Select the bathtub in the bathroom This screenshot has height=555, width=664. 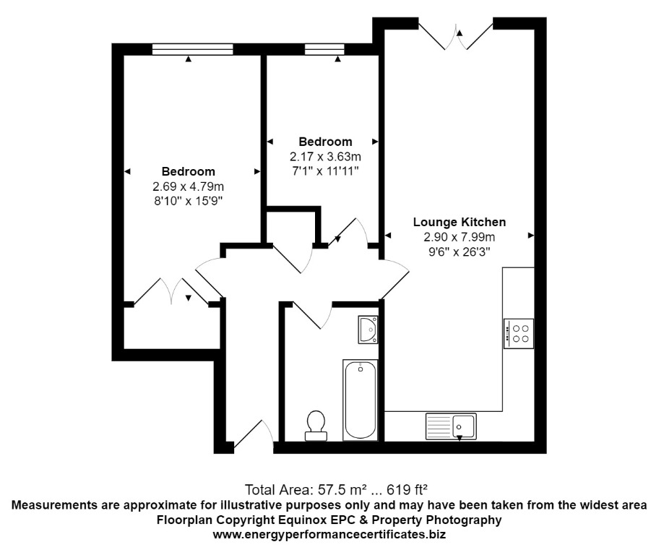[x=359, y=400]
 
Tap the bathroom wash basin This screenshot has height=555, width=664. [x=368, y=329]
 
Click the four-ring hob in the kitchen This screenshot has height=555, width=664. [x=519, y=332]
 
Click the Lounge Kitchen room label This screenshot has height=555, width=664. [x=459, y=222]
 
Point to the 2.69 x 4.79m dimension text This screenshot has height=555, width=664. [x=188, y=186]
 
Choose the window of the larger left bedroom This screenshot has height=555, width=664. [x=193, y=48]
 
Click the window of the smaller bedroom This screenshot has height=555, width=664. [x=324, y=48]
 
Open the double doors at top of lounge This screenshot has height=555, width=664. [x=456, y=35]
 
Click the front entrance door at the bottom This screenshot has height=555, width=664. [x=252, y=436]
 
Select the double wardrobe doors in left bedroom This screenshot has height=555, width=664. [x=173, y=293]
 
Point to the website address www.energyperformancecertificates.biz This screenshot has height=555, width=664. [x=329, y=535]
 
